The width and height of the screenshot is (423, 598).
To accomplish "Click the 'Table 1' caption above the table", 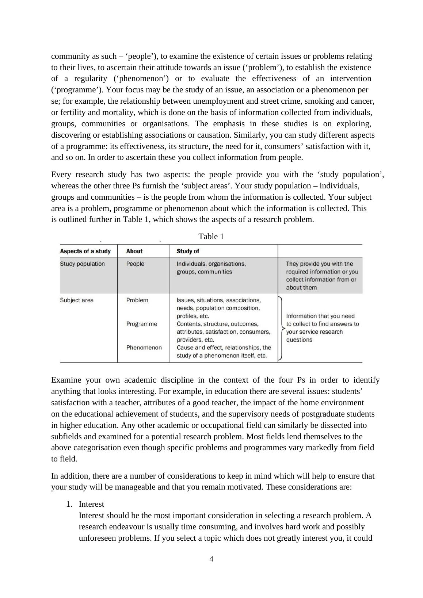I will (211, 237).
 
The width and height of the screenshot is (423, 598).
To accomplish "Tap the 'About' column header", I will (134, 251).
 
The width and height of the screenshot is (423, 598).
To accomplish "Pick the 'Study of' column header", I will (188, 251).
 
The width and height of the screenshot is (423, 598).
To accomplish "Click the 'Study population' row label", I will (82, 264).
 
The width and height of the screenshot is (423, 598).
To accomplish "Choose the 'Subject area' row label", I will (77, 300).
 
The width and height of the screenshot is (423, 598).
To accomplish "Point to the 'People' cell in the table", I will (135, 264).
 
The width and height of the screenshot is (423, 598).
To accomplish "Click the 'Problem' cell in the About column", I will (137, 300).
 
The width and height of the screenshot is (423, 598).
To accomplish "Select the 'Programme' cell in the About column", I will (142, 324).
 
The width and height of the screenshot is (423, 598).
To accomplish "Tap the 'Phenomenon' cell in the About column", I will (144, 348).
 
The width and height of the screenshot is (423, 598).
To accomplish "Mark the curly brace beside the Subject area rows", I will (281, 329).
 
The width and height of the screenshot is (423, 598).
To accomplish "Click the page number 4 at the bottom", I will (211, 559).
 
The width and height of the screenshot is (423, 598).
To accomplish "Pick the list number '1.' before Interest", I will (69, 504).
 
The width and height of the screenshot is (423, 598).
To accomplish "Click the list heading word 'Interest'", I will (91, 504).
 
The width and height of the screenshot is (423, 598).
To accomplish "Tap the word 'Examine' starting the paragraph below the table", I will (66, 380).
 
